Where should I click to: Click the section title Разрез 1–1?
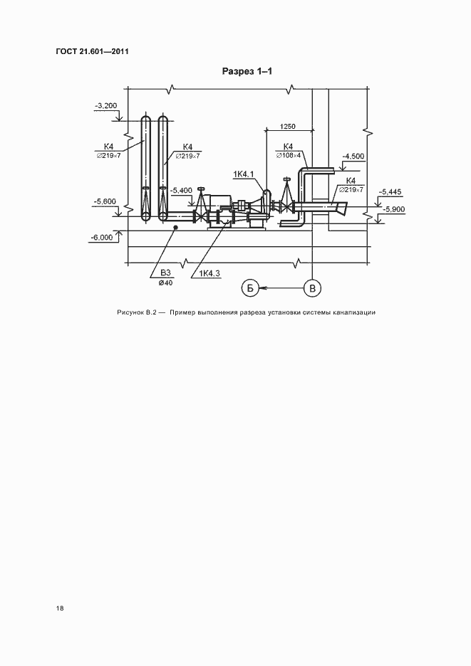pyautogui.click(x=247, y=71)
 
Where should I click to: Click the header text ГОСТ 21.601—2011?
pyautogui.click(x=93, y=51)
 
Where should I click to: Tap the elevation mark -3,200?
pyautogui.click(x=106, y=106)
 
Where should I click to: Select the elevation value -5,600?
pyautogui.click(x=105, y=201)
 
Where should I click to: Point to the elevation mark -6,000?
pyautogui.click(x=103, y=238)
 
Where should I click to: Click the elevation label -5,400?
pyautogui.click(x=181, y=191)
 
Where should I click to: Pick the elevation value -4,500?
pyautogui.click(x=353, y=157)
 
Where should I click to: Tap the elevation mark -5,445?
pyautogui.click(x=390, y=192)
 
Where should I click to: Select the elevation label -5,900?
pyautogui.click(x=394, y=209)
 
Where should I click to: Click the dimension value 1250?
pyautogui.click(x=287, y=127)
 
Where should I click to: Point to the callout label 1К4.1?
pyautogui.click(x=244, y=174)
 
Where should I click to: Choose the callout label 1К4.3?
pyautogui.click(x=209, y=273)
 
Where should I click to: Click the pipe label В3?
pyautogui.click(x=165, y=273)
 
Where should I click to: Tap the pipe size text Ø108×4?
pyautogui.click(x=289, y=155)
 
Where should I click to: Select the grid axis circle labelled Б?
pyautogui.click(x=250, y=289)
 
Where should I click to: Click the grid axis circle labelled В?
pyautogui.click(x=313, y=289)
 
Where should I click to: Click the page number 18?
pyautogui.click(x=60, y=608)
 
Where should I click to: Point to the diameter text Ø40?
pyautogui.click(x=165, y=283)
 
